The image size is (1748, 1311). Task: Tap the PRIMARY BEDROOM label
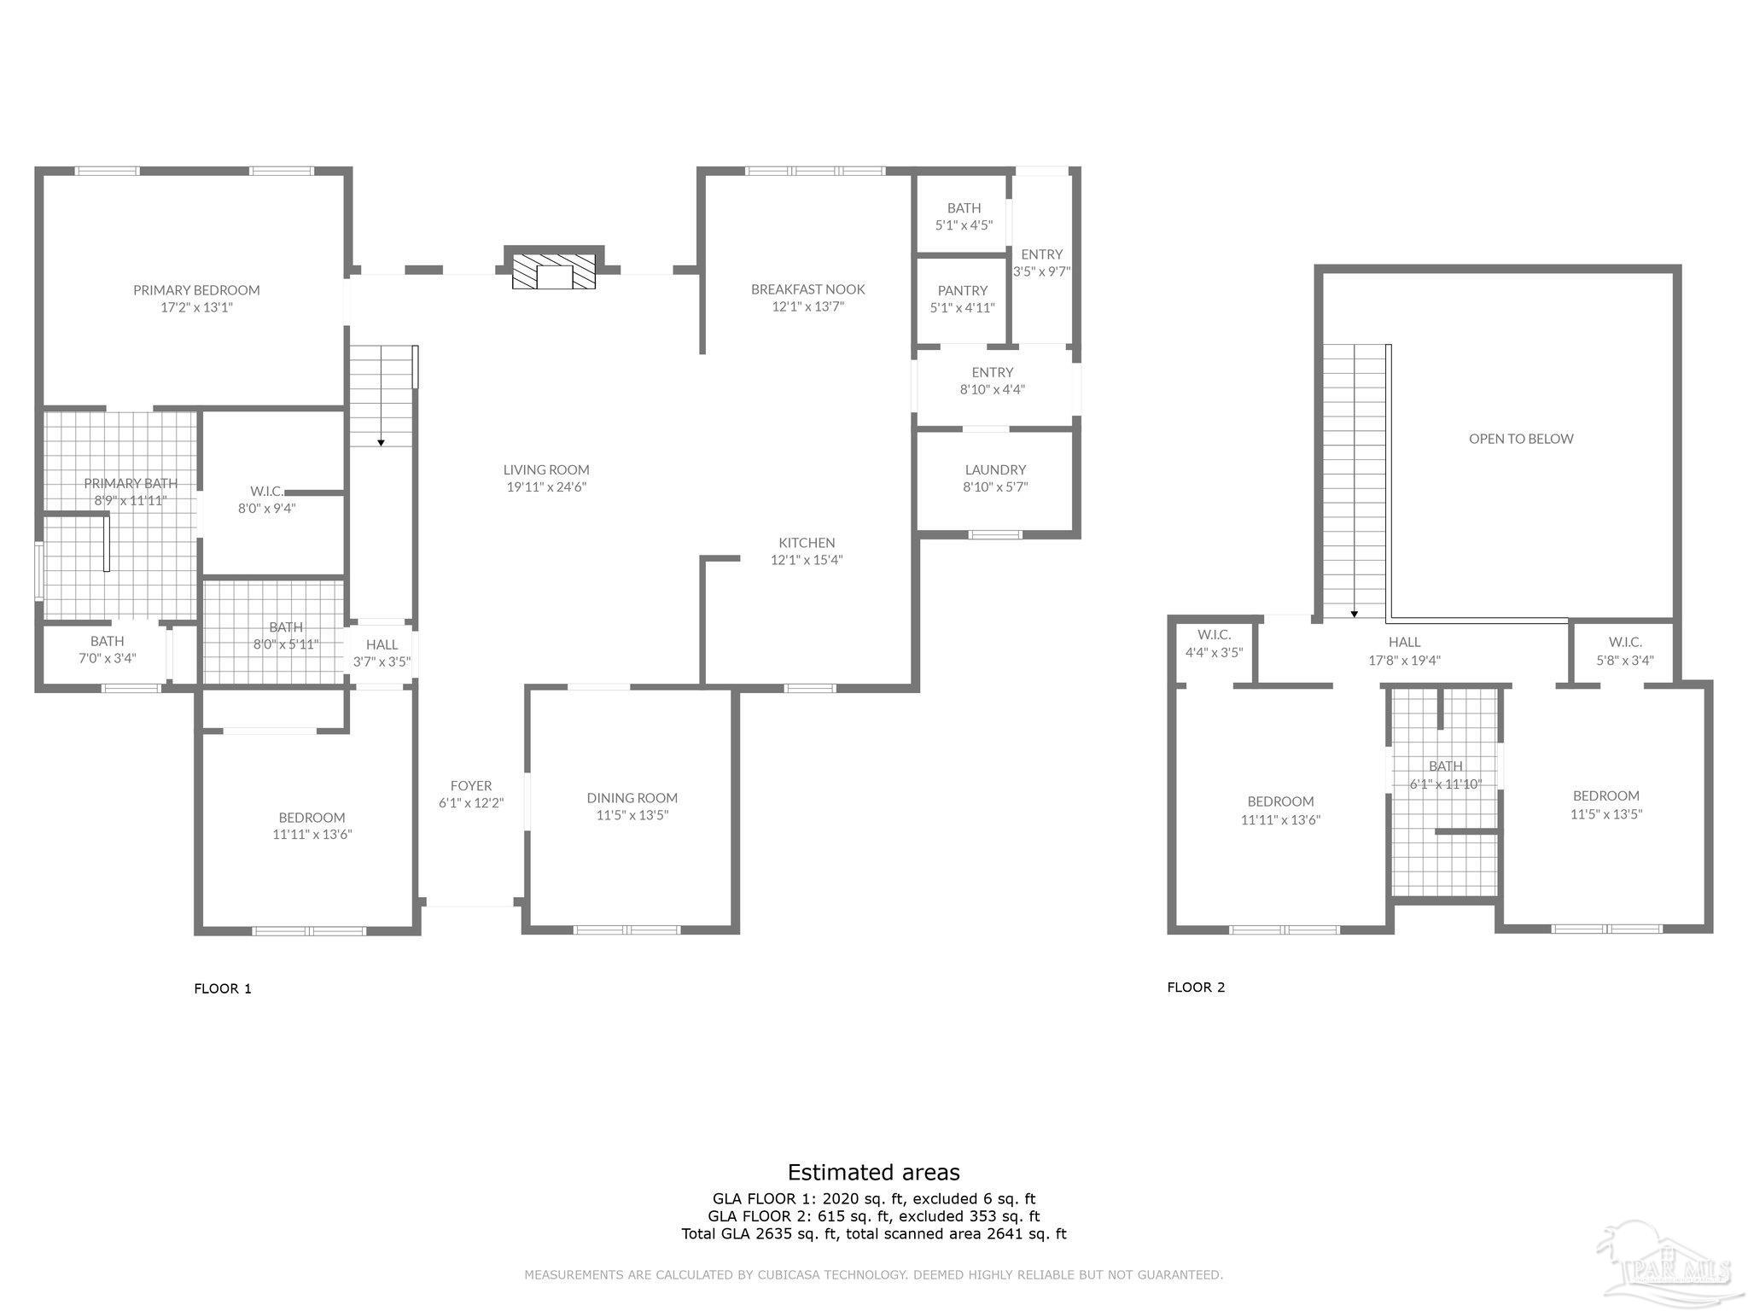pos(196,290)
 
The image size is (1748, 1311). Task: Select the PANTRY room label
pos(962,290)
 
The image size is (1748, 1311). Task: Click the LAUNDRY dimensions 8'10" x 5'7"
pos(995,487)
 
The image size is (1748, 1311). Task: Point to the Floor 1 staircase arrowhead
pos(381,442)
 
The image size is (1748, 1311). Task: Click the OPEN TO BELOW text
pos(1520,439)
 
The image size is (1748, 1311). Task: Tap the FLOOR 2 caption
pos(1196,988)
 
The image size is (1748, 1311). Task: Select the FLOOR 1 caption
pos(223,988)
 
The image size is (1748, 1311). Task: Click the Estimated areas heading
pos(873,1172)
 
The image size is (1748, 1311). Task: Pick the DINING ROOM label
pos(632,798)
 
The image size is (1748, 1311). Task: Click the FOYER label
pos(471,786)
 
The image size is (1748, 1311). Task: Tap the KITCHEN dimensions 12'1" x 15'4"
pos(807,560)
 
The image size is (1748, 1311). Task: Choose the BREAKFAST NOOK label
pos(807,289)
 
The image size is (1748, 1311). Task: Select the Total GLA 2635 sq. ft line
pos(873,1233)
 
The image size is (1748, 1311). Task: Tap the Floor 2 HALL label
pos(1404,642)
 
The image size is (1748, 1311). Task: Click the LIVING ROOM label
pos(546,469)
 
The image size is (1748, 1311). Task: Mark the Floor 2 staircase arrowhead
pos(1354,614)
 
